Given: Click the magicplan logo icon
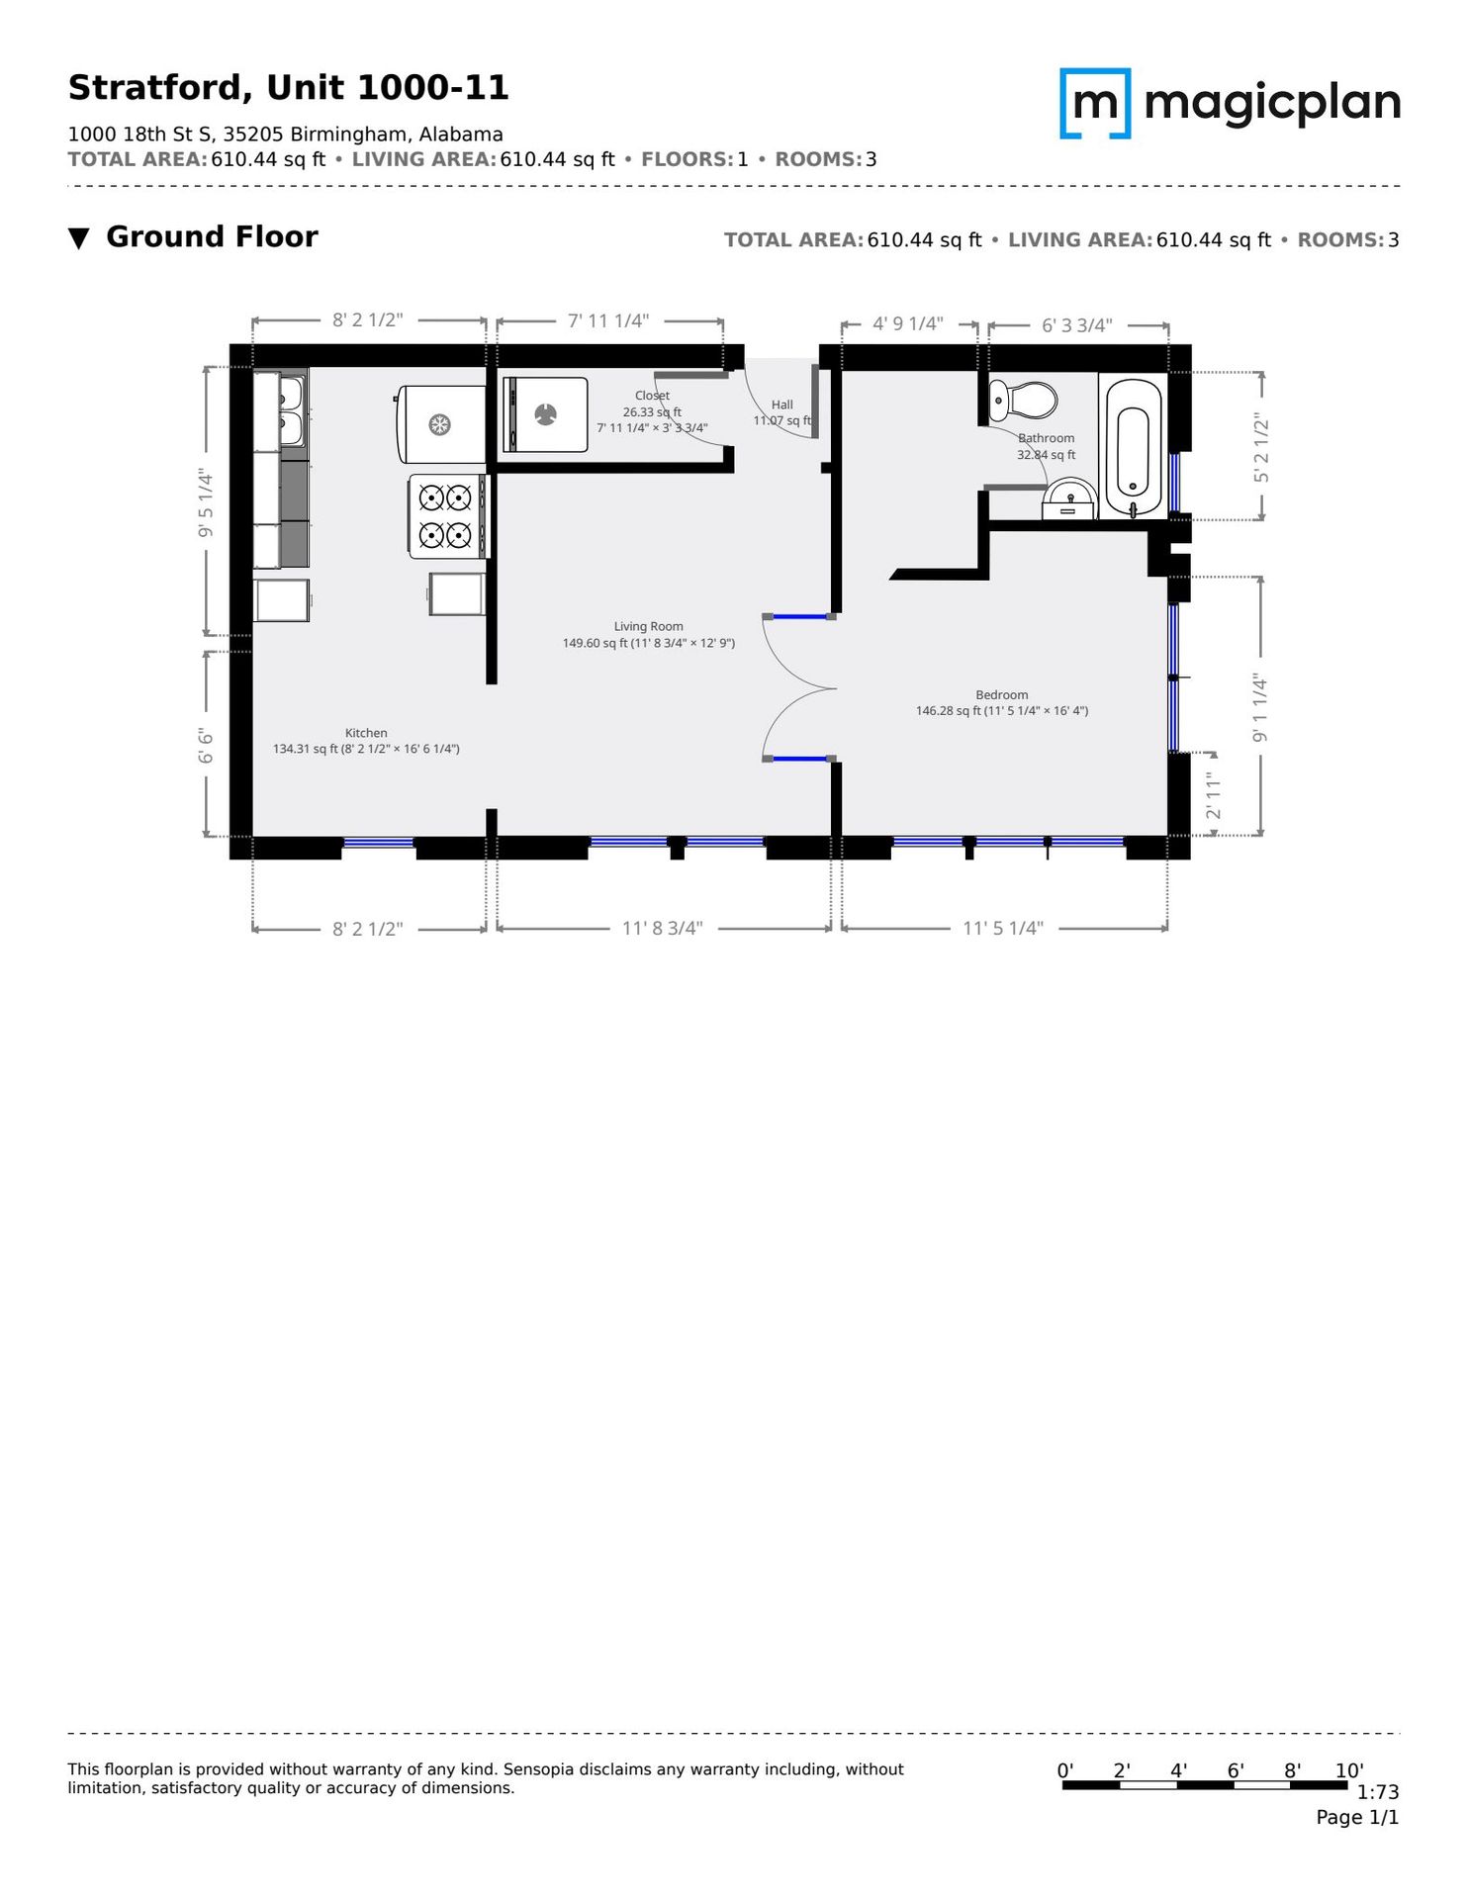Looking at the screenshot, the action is (x=1095, y=103).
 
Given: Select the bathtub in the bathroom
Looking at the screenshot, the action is (x=1134, y=448).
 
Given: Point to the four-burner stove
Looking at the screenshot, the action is (x=448, y=516).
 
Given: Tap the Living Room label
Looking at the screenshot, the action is (x=649, y=626).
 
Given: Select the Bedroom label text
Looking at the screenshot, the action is (x=1002, y=695).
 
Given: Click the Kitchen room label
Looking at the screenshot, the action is (x=366, y=733).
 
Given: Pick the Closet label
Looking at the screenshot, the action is (x=653, y=396).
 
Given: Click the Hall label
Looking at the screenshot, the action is (x=782, y=405).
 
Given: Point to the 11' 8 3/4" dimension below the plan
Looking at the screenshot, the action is (x=663, y=929).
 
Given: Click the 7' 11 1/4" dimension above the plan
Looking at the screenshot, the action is (x=608, y=320).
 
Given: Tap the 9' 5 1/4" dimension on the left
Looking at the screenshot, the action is (x=206, y=503).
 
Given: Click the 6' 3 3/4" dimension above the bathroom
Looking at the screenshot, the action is (x=1077, y=325).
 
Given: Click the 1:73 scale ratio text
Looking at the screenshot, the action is (x=1378, y=1792).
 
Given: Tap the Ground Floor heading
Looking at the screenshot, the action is (x=212, y=237).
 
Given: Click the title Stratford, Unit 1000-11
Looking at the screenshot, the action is (x=288, y=88).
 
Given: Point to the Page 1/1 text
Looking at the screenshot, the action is (x=1357, y=1818).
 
